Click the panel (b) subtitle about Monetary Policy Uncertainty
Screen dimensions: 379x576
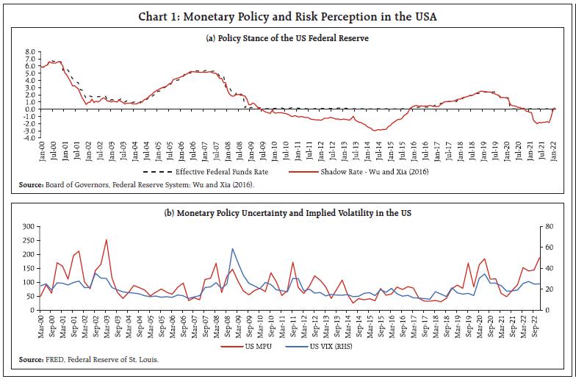288,213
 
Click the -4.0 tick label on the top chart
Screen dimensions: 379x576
29,137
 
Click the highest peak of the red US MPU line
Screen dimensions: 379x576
107,239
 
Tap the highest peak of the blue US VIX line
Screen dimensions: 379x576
232,249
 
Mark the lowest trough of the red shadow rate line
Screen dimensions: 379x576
375,131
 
